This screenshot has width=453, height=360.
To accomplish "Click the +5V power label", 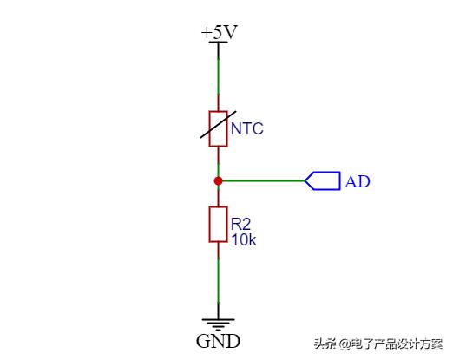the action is tap(220, 32).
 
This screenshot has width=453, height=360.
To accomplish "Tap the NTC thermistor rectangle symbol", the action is tap(218, 128).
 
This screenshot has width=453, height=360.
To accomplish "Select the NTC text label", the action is tap(247, 128).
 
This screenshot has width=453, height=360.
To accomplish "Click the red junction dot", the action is tap(218, 181).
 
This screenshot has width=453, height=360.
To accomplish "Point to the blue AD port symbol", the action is tap(323, 181).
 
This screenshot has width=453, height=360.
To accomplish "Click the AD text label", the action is tap(358, 181).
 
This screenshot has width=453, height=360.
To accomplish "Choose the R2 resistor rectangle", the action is tap(218, 224).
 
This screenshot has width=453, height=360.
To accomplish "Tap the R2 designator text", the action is tap(240, 224).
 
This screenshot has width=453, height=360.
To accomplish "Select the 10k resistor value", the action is tap(244, 239).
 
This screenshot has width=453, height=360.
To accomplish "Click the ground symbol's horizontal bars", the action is tap(218, 324).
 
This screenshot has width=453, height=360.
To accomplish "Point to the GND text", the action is tap(219, 341).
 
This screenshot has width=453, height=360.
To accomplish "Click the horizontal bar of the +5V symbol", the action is tap(218, 43).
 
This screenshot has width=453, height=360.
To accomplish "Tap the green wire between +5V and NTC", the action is tap(218, 76).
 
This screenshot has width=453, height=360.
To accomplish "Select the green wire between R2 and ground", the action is tap(218, 280).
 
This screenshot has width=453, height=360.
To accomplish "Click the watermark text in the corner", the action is tap(378, 344).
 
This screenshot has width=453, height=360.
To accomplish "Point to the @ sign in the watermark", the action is tap(345, 344).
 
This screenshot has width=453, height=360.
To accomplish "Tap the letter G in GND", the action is tap(203, 341).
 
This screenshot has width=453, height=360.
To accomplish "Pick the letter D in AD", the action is tap(364, 181).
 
